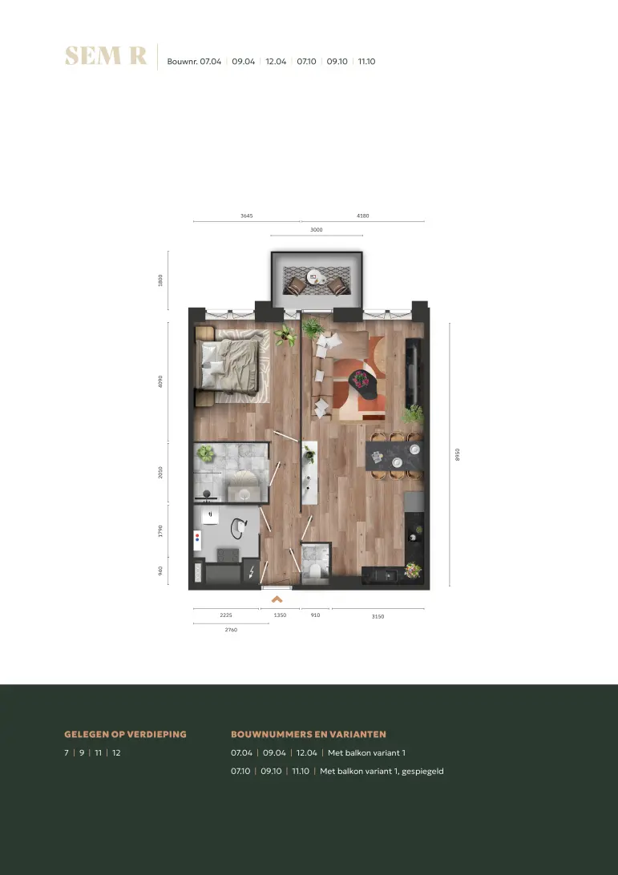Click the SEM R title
106,56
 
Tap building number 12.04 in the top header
276,62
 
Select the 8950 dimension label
458,454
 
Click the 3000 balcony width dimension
317,229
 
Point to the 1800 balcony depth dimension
160,280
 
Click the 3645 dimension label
247,216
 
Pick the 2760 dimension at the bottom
231,630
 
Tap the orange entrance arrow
277,599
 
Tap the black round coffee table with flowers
363,384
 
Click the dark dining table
394,456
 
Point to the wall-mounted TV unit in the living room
413,373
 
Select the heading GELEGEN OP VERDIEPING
126,734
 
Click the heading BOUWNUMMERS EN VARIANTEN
309,734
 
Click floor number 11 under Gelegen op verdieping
99,752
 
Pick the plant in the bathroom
205,453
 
